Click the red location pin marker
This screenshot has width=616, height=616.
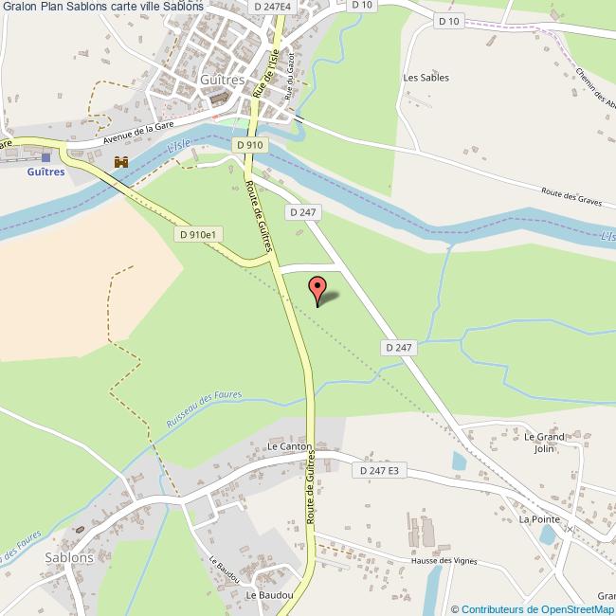317,287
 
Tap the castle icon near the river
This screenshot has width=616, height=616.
120,162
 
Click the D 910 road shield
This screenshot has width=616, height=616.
248,144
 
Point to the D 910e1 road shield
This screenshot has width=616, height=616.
198,233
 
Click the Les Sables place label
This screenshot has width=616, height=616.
426,78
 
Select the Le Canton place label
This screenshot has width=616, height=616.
289,445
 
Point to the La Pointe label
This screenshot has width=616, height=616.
537,519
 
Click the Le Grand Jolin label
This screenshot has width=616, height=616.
544,443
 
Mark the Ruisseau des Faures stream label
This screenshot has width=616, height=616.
204,408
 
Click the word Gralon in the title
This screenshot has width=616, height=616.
22,7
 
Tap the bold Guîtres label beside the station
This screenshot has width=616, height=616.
46,172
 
